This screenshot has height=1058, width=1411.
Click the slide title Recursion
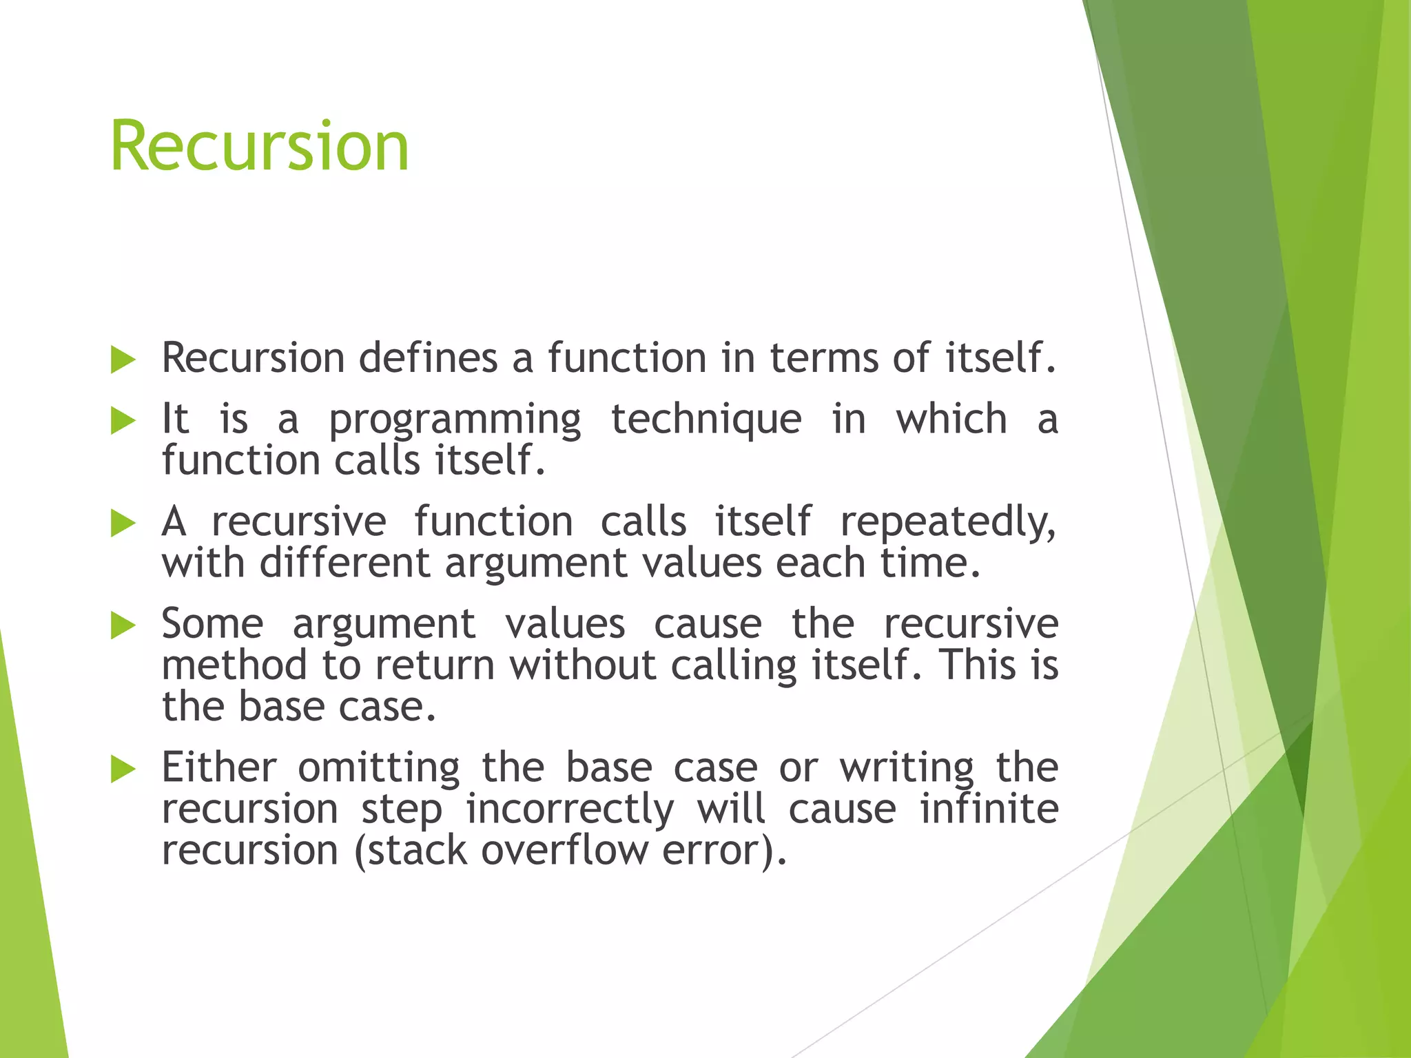(260, 146)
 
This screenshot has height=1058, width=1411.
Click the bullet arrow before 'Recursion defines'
(123, 360)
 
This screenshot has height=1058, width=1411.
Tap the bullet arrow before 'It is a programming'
(123, 420)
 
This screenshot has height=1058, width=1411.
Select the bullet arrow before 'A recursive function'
(123, 523)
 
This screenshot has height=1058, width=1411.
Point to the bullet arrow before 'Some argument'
(123, 625)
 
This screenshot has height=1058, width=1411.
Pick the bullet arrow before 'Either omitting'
(123, 769)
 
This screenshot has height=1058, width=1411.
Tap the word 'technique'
(706, 420)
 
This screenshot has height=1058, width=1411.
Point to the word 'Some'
(212, 624)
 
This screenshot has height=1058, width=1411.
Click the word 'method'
(234, 665)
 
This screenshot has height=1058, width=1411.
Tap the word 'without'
(582, 665)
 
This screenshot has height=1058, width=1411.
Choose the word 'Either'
(219, 767)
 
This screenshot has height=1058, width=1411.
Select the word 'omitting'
(378, 767)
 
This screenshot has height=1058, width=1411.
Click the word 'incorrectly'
(570, 810)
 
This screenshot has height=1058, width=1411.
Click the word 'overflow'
(564, 850)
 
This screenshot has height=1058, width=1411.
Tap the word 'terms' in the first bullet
(824, 359)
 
